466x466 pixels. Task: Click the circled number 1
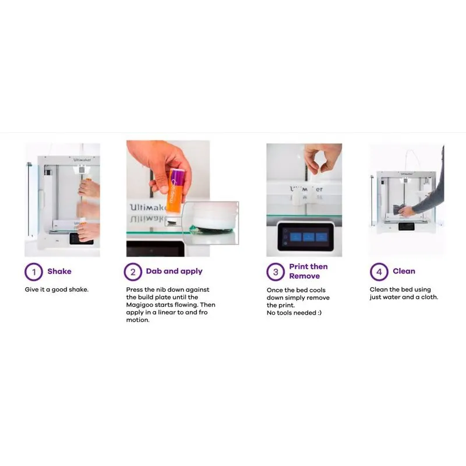[x=34, y=271]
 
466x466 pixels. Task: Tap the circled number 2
[x=133, y=271]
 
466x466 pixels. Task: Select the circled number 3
[x=276, y=271]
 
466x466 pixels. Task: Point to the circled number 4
[x=379, y=271]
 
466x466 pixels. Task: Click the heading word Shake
[x=59, y=271]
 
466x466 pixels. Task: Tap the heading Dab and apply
[x=174, y=271]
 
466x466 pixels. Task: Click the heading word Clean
[x=404, y=271]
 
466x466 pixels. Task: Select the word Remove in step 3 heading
[x=304, y=276]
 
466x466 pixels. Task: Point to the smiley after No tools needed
[x=319, y=313]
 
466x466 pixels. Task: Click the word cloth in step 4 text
[x=429, y=297]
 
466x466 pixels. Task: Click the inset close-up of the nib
[x=210, y=223]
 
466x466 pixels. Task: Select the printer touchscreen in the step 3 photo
[x=305, y=237]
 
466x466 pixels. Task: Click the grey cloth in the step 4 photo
[x=398, y=209]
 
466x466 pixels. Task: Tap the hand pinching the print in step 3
[x=322, y=158]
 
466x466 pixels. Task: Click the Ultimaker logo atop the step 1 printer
[x=82, y=160]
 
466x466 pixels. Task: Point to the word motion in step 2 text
[x=137, y=320]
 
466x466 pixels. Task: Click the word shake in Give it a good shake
[x=79, y=290]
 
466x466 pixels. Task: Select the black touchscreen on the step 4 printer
[x=406, y=226]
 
